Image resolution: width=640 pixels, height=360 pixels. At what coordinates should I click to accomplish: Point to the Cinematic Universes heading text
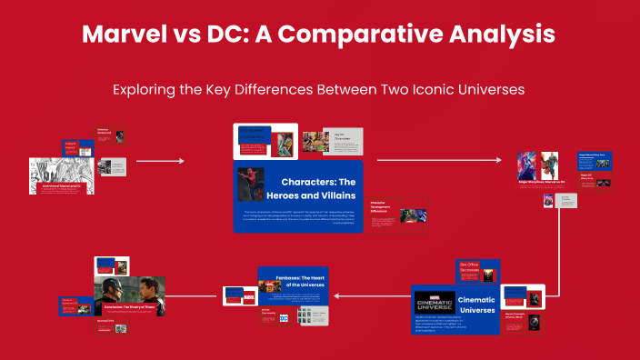point(476,305)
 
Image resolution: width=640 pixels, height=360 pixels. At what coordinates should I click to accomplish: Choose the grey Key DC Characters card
point(348,139)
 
